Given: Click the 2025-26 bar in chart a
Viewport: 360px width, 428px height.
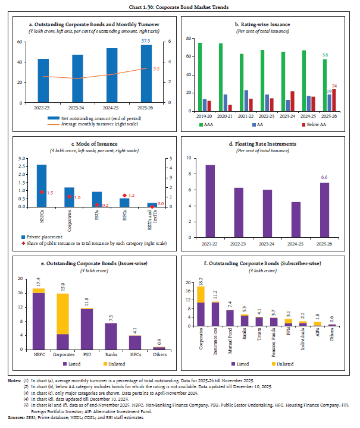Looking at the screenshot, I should tap(146, 74).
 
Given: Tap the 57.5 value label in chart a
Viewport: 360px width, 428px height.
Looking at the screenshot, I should tap(146, 40).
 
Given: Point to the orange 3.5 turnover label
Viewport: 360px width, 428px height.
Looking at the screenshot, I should tap(156, 69).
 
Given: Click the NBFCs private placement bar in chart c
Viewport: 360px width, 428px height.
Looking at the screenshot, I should tap(41, 185).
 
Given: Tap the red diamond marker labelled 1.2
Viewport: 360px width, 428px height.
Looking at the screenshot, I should tap(124, 196).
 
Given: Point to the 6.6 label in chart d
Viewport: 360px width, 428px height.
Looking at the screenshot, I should tap(325, 177).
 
